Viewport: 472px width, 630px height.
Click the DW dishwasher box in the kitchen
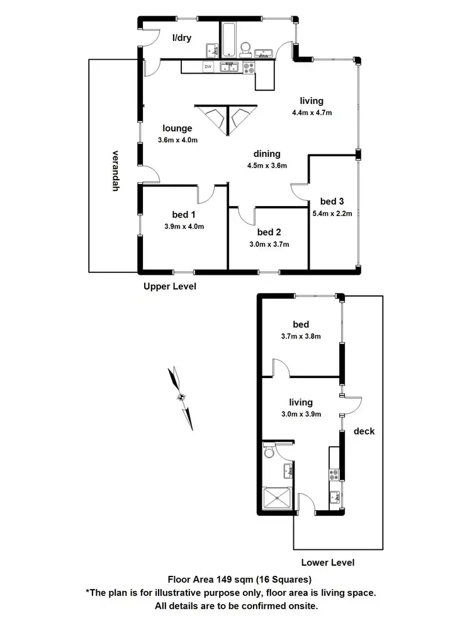coord(207,67)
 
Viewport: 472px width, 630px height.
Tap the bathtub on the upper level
coord(228,39)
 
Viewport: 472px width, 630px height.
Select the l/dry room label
coord(183,37)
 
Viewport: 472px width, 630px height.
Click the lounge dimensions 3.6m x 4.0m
coord(177,140)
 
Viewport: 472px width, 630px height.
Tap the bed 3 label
coord(332,202)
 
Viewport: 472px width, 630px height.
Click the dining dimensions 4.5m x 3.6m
coord(267,166)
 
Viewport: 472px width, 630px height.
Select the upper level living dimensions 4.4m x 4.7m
coord(312,113)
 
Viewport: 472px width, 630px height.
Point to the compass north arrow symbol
coord(181,398)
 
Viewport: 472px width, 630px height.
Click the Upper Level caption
coord(169,286)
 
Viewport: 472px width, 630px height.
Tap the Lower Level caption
coord(327,563)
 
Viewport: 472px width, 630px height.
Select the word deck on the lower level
coord(364,432)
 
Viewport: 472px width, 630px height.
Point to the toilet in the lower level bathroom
coord(269,451)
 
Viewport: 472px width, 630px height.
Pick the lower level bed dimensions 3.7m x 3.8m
coord(300,336)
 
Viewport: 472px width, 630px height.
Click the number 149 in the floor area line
coord(224,579)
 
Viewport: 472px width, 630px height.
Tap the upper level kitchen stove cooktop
coord(247,66)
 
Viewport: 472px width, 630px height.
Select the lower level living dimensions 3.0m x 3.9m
coord(300,414)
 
